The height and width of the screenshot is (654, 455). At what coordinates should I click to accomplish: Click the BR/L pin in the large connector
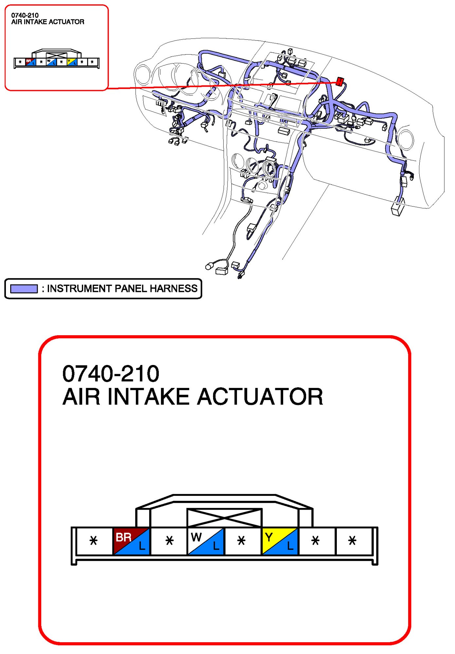(x=131, y=541)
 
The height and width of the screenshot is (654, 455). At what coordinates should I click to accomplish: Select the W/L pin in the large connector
(x=206, y=541)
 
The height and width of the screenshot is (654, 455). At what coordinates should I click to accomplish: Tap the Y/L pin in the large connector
(x=280, y=541)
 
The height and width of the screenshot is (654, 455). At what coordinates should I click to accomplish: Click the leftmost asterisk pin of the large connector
(x=94, y=541)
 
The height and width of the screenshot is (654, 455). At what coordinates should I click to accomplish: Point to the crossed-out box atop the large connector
(x=225, y=518)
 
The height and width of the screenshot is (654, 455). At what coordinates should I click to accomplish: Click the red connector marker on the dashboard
(x=340, y=81)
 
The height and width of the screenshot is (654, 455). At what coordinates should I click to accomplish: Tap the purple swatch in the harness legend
(x=24, y=289)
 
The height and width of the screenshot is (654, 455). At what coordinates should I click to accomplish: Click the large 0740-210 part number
(x=111, y=373)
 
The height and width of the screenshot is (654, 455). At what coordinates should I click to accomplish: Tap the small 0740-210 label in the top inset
(x=25, y=15)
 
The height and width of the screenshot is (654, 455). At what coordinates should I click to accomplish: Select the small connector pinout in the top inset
(x=57, y=59)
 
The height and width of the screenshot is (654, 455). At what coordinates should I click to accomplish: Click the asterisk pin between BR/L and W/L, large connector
(x=169, y=541)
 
